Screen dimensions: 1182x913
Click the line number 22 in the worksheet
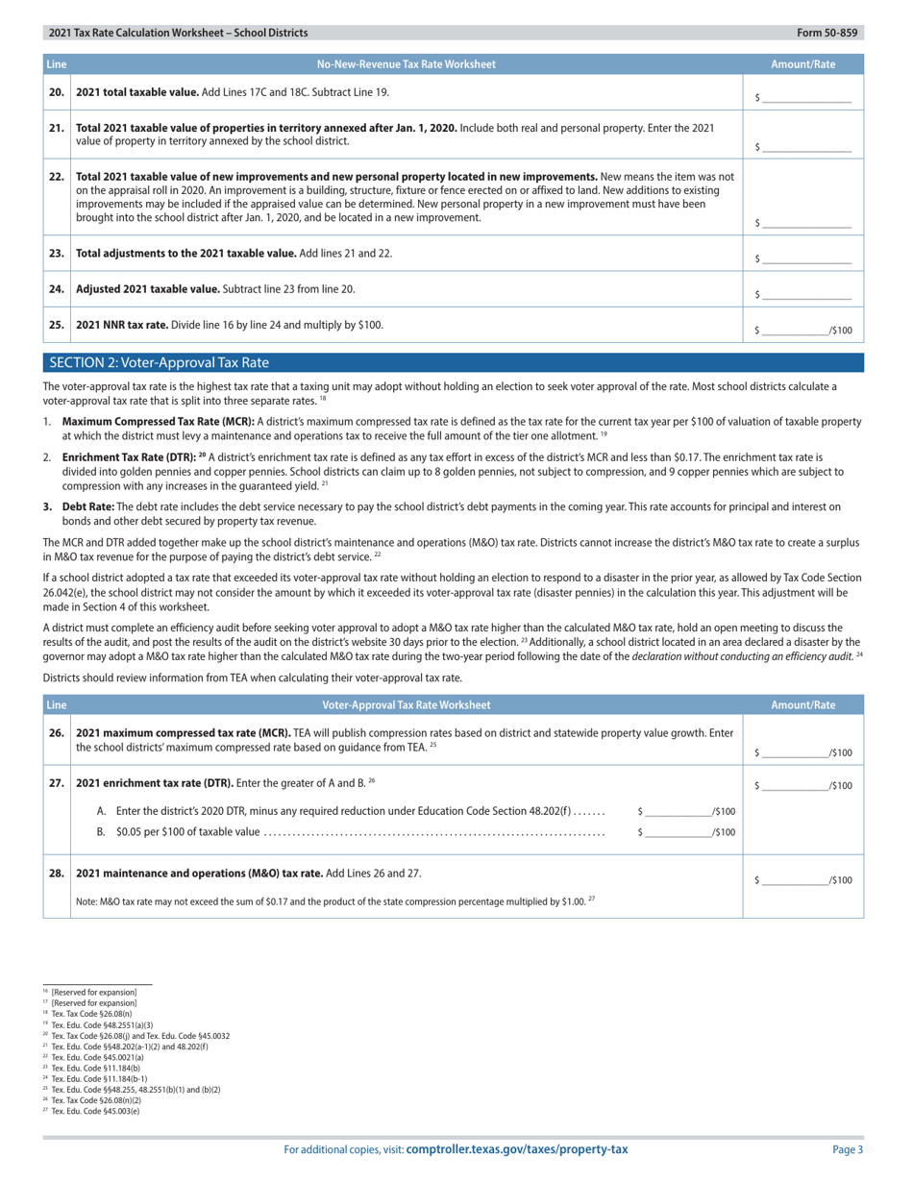click(57, 177)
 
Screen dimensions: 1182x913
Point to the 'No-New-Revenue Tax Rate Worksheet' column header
click(407, 64)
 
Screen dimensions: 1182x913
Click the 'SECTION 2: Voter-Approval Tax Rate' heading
click(159, 363)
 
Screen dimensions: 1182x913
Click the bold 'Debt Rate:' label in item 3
click(88, 505)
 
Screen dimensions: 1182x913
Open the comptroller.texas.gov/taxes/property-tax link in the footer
click(517, 1149)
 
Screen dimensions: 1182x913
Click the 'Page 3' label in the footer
click(847, 1149)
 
